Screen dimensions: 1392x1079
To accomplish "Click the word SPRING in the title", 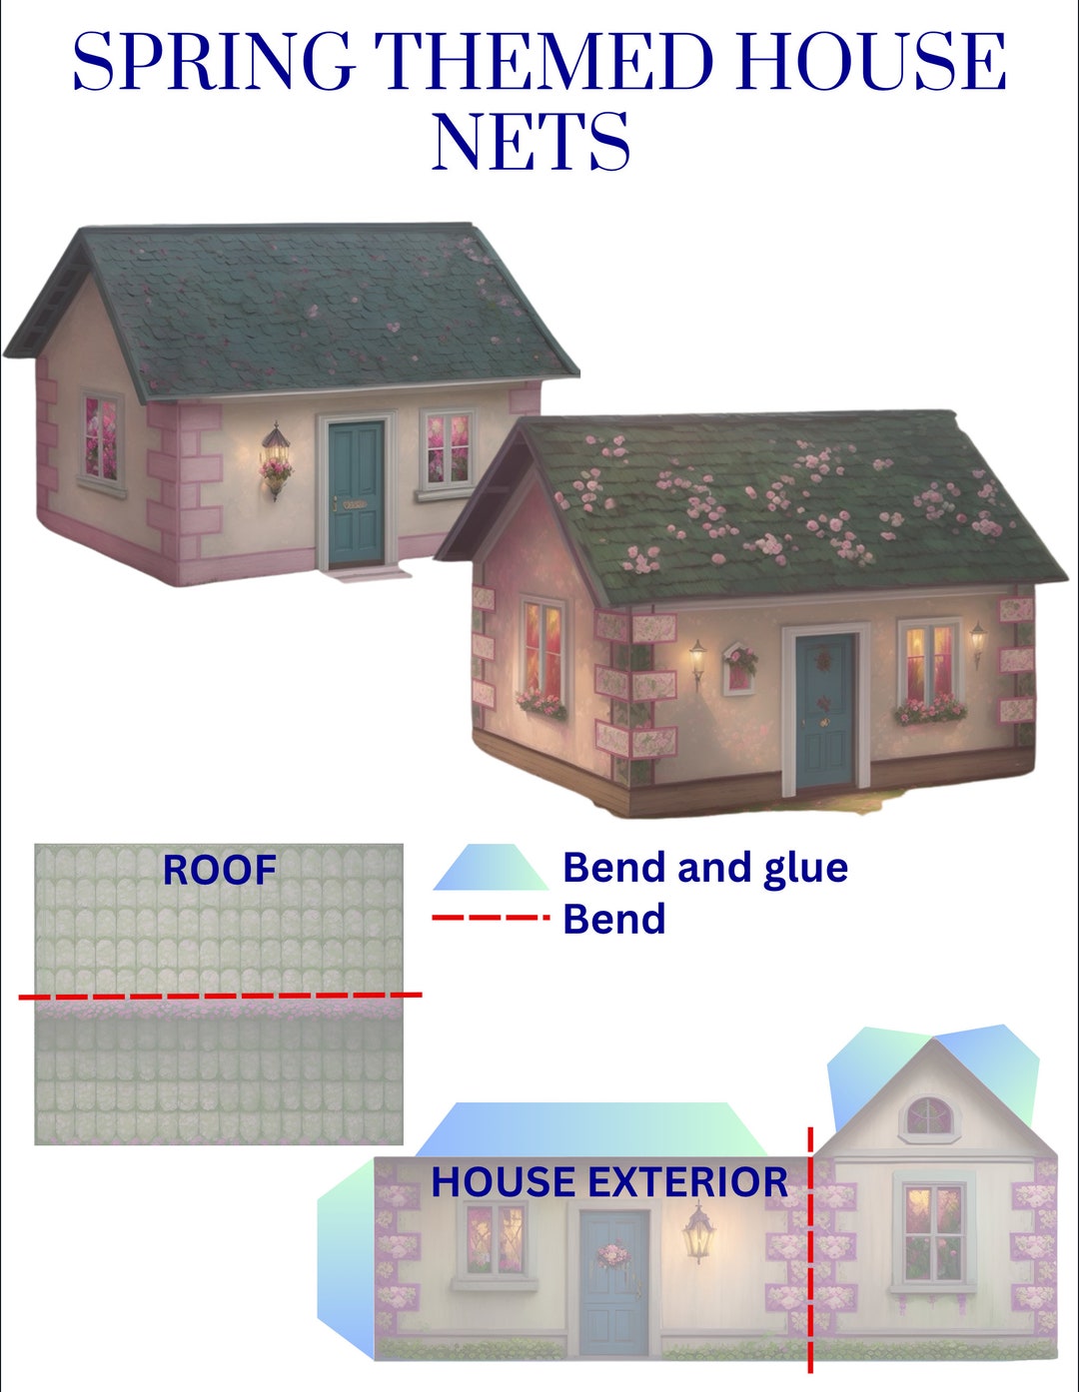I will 214,62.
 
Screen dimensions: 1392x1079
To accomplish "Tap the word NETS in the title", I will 531,141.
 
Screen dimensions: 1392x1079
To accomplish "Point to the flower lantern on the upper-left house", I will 276,460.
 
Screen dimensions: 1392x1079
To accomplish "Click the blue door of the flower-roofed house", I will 825,709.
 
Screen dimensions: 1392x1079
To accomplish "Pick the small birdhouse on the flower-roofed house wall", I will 739,666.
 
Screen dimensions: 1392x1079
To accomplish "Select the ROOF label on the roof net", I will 219,870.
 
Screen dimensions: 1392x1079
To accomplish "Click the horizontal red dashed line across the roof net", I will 220,996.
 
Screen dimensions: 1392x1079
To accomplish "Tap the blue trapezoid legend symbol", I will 491,868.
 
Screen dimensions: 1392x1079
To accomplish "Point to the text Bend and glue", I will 705,868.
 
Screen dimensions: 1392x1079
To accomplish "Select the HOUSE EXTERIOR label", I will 609,1182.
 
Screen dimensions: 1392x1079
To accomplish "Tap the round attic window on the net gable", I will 929,1116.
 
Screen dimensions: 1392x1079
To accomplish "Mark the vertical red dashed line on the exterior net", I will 810,1248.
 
